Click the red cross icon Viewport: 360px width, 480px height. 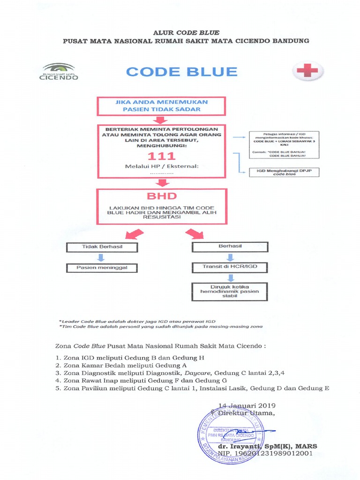(x=307, y=71)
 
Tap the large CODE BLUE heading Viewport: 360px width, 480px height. (x=182, y=72)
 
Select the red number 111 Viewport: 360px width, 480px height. (x=161, y=156)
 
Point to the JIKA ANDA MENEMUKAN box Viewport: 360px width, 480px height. (x=161, y=105)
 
